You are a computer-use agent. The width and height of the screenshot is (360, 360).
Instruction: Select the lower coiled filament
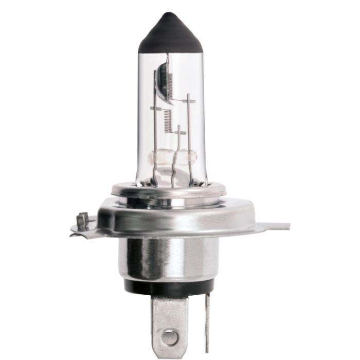(167, 121)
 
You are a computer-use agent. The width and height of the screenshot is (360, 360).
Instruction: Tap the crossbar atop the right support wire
(189, 101)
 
